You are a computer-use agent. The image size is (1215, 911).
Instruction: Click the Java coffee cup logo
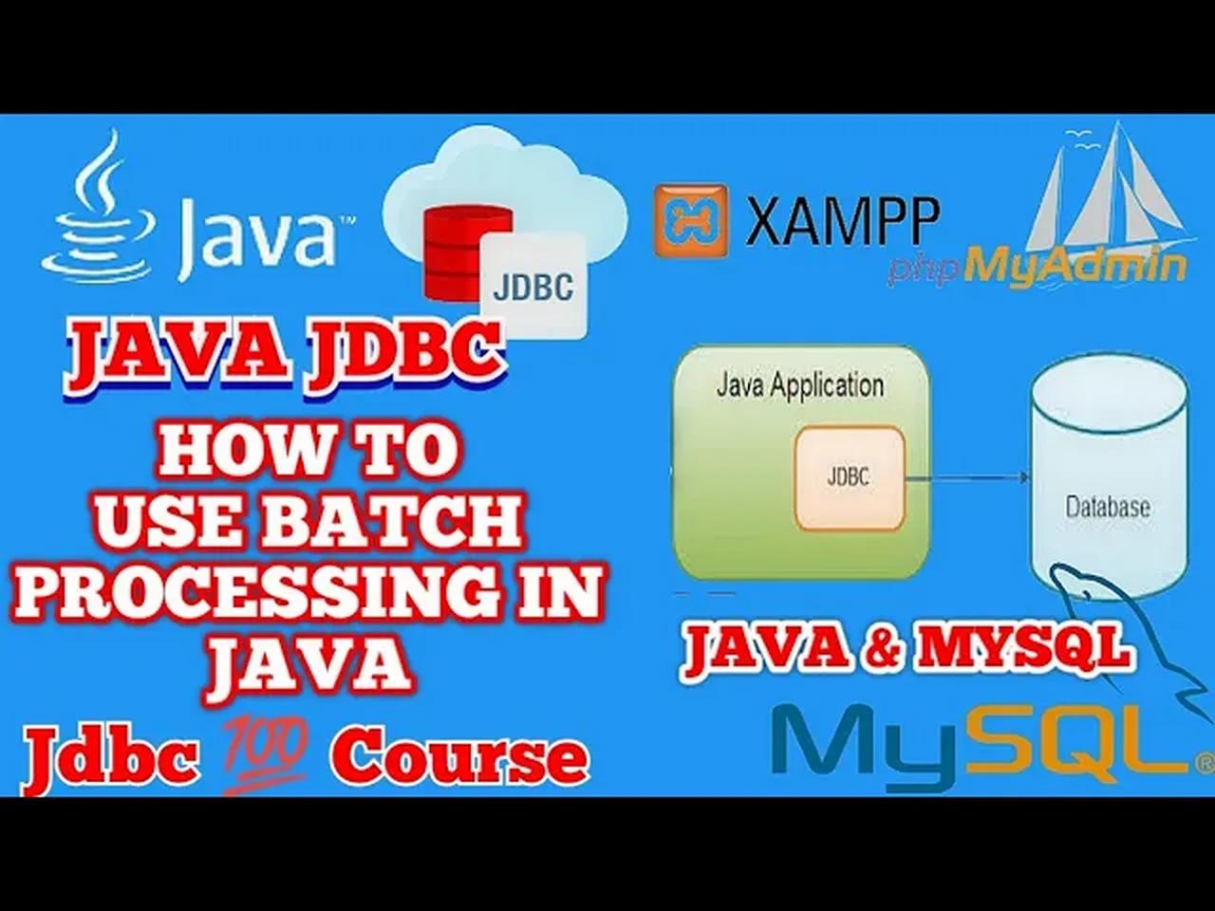click(95, 214)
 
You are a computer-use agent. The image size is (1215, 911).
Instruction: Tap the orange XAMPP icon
click(690, 220)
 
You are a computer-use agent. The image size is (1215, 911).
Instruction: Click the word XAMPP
click(843, 220)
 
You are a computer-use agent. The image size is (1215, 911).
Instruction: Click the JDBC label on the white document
click(533, 286)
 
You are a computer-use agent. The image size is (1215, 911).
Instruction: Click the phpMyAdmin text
click(1037, 267)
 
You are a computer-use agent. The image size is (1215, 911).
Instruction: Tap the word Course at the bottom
click(459, 757)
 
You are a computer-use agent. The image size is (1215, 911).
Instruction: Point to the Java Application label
click(799, 385)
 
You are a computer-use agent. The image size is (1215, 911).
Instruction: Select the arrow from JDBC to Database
click(968, 479)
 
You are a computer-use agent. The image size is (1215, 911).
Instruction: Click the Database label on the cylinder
click(1108, 507)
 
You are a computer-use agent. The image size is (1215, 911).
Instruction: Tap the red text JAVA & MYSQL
click(907, 651)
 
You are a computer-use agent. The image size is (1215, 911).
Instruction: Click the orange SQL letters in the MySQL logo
click(1082, 740)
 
